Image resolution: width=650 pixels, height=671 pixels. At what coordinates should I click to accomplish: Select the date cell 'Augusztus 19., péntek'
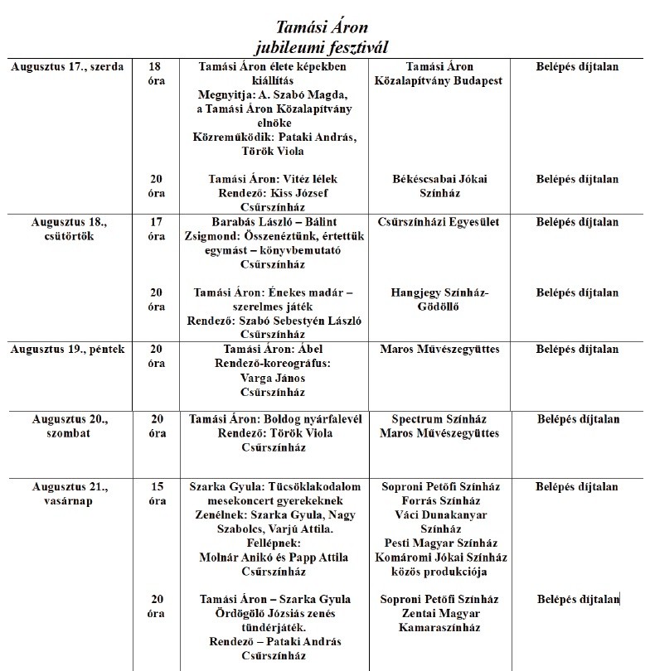(x=67, y=350)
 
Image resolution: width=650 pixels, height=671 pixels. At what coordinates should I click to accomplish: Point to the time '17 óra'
(x=156, y=229)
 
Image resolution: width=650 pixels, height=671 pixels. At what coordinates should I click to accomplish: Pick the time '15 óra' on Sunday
(x=156, y=494)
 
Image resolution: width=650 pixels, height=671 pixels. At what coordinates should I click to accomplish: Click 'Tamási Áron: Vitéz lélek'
(x=273, y=179)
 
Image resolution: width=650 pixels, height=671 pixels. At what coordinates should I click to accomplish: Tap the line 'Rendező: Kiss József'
(x=273, y=193)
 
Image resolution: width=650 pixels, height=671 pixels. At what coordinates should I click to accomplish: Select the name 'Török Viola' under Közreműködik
(x=273, y=152)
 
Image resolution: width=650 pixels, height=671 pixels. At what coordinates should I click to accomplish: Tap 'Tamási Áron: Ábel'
(x=273, y=350)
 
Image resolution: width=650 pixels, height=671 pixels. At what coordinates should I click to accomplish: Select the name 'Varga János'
(x=273, y=378)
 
